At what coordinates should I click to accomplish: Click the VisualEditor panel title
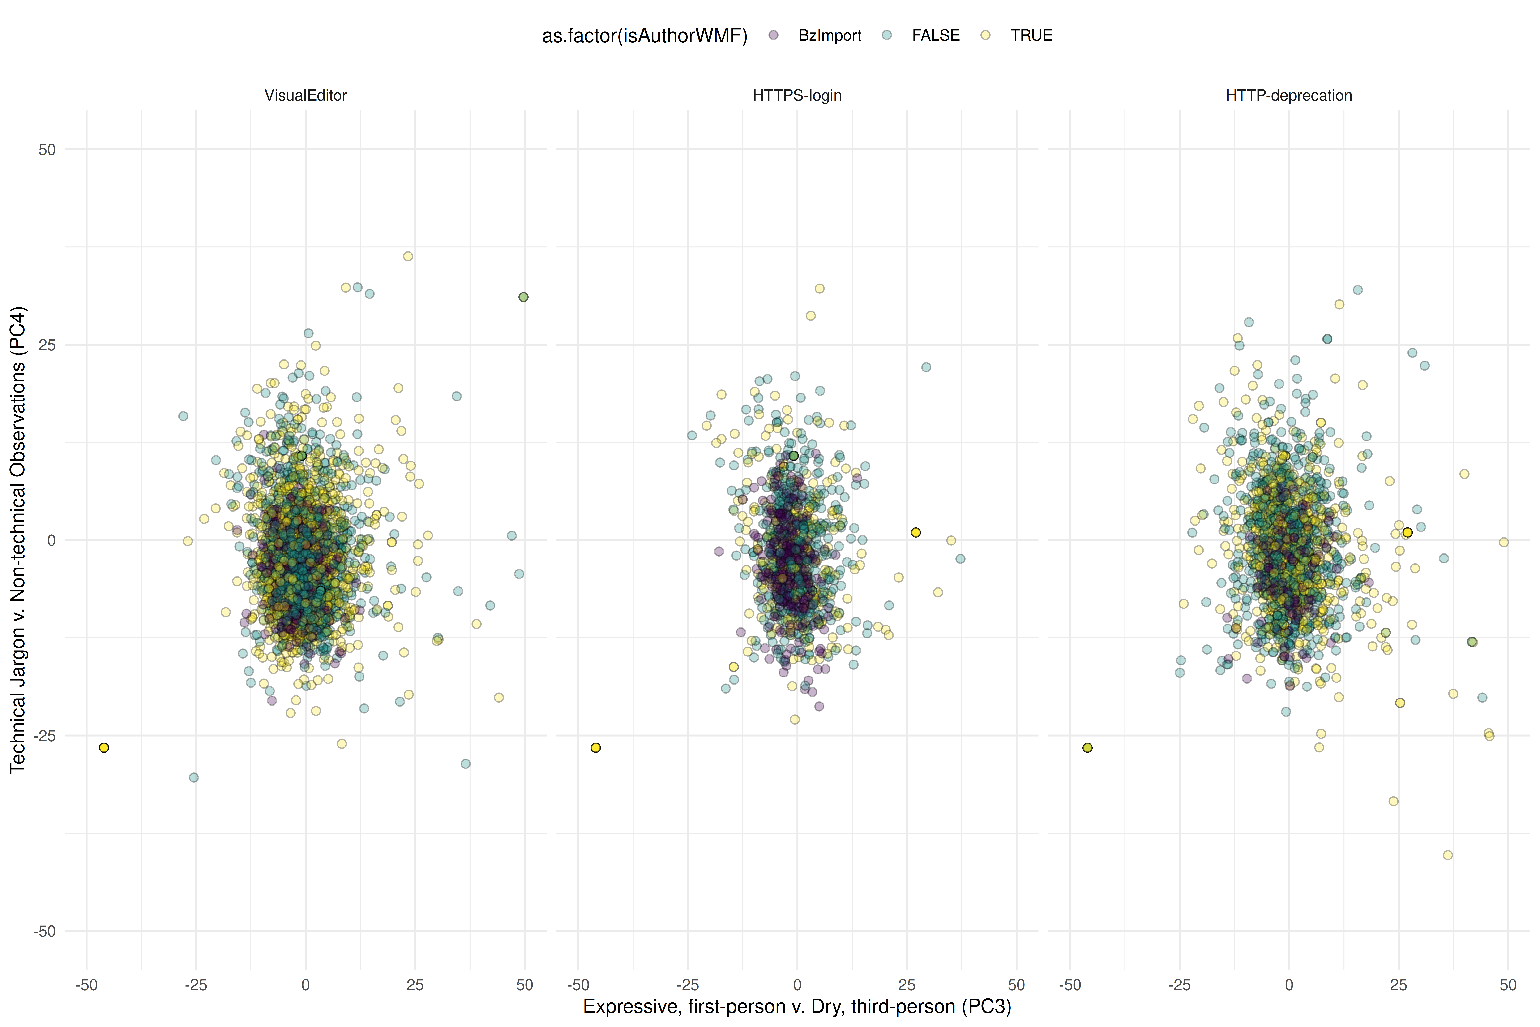[x=305, y=96]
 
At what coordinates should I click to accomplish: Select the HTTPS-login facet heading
[x=797, y=96]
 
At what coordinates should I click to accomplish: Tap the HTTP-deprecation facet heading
[x=1289, y=96]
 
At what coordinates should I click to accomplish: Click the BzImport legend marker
[x=773, y=35]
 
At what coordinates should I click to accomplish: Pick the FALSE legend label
[x=936, y=35]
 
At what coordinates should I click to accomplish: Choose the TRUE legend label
[x=1031, y=35]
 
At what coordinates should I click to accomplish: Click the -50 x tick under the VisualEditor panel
[x=86, y=985]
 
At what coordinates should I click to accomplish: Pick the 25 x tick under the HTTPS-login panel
[x=907, y=985]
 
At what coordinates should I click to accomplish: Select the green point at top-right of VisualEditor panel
[x=523, y=297]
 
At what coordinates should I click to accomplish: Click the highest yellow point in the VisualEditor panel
[x=408, y=256]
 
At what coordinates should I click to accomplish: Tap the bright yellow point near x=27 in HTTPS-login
[x=915, y=532]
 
